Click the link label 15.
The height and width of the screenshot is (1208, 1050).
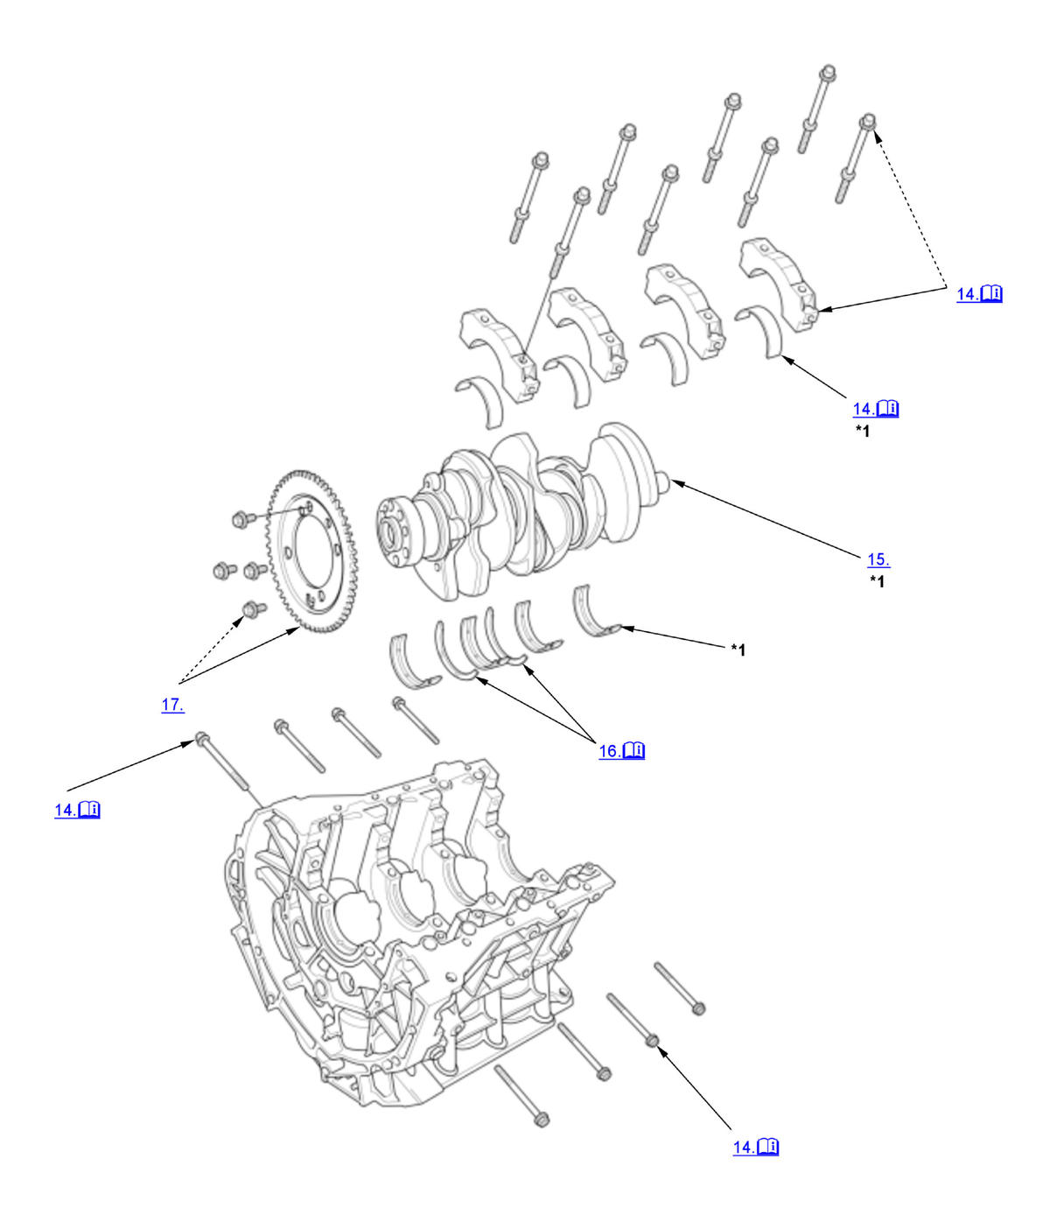tap(878, 559)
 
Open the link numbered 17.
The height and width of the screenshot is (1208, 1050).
tap(172, 705)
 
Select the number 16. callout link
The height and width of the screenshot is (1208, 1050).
tap(609, 751)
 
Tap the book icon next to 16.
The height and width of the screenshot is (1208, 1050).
tap(634, 751)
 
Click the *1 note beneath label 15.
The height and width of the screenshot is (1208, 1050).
tap(877, 581)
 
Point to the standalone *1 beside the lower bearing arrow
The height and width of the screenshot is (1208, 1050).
tap(738, 650)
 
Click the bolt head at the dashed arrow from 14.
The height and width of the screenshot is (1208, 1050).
tap(869, 120)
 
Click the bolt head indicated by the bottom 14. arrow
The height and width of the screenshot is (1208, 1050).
tap(653, 1039)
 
